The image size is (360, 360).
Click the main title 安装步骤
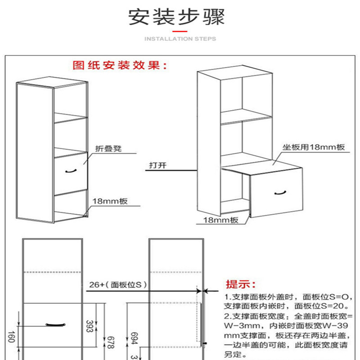176,18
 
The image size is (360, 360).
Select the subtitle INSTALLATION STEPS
180,39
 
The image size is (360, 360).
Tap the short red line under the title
180,30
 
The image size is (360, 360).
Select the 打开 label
157,165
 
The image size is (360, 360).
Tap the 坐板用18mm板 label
313,147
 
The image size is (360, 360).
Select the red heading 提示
240,284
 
